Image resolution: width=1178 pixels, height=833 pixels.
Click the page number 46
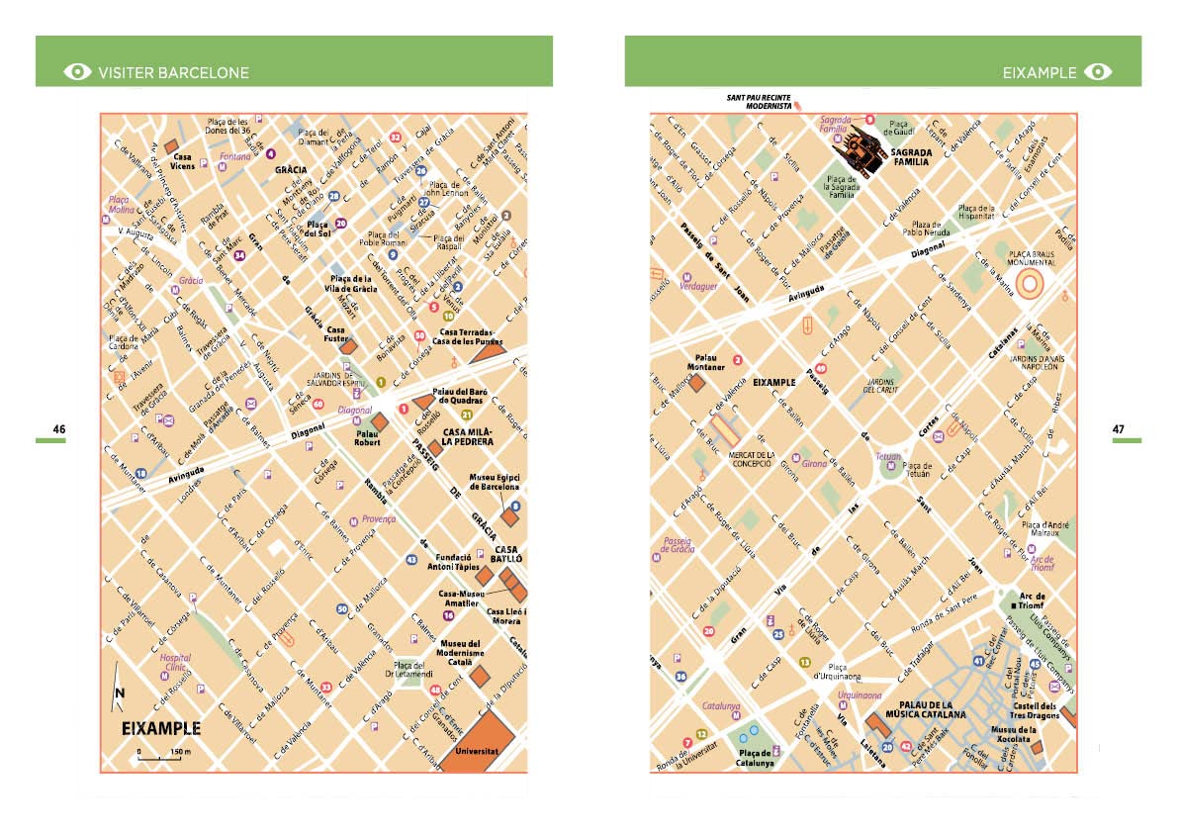point(59,429)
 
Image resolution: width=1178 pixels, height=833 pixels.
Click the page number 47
point(1118,429)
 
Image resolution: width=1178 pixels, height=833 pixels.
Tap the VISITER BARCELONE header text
point(173,72)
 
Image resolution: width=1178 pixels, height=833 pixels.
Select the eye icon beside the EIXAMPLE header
point(1098,72)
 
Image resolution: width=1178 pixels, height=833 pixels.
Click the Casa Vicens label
point(182,161)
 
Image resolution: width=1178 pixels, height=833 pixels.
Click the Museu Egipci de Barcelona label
point(495,482)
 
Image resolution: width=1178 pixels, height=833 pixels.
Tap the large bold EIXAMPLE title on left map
point(160,729)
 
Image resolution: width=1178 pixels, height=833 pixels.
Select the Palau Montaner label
point(705,362)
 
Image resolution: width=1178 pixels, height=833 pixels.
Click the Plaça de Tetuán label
point(918,470)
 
